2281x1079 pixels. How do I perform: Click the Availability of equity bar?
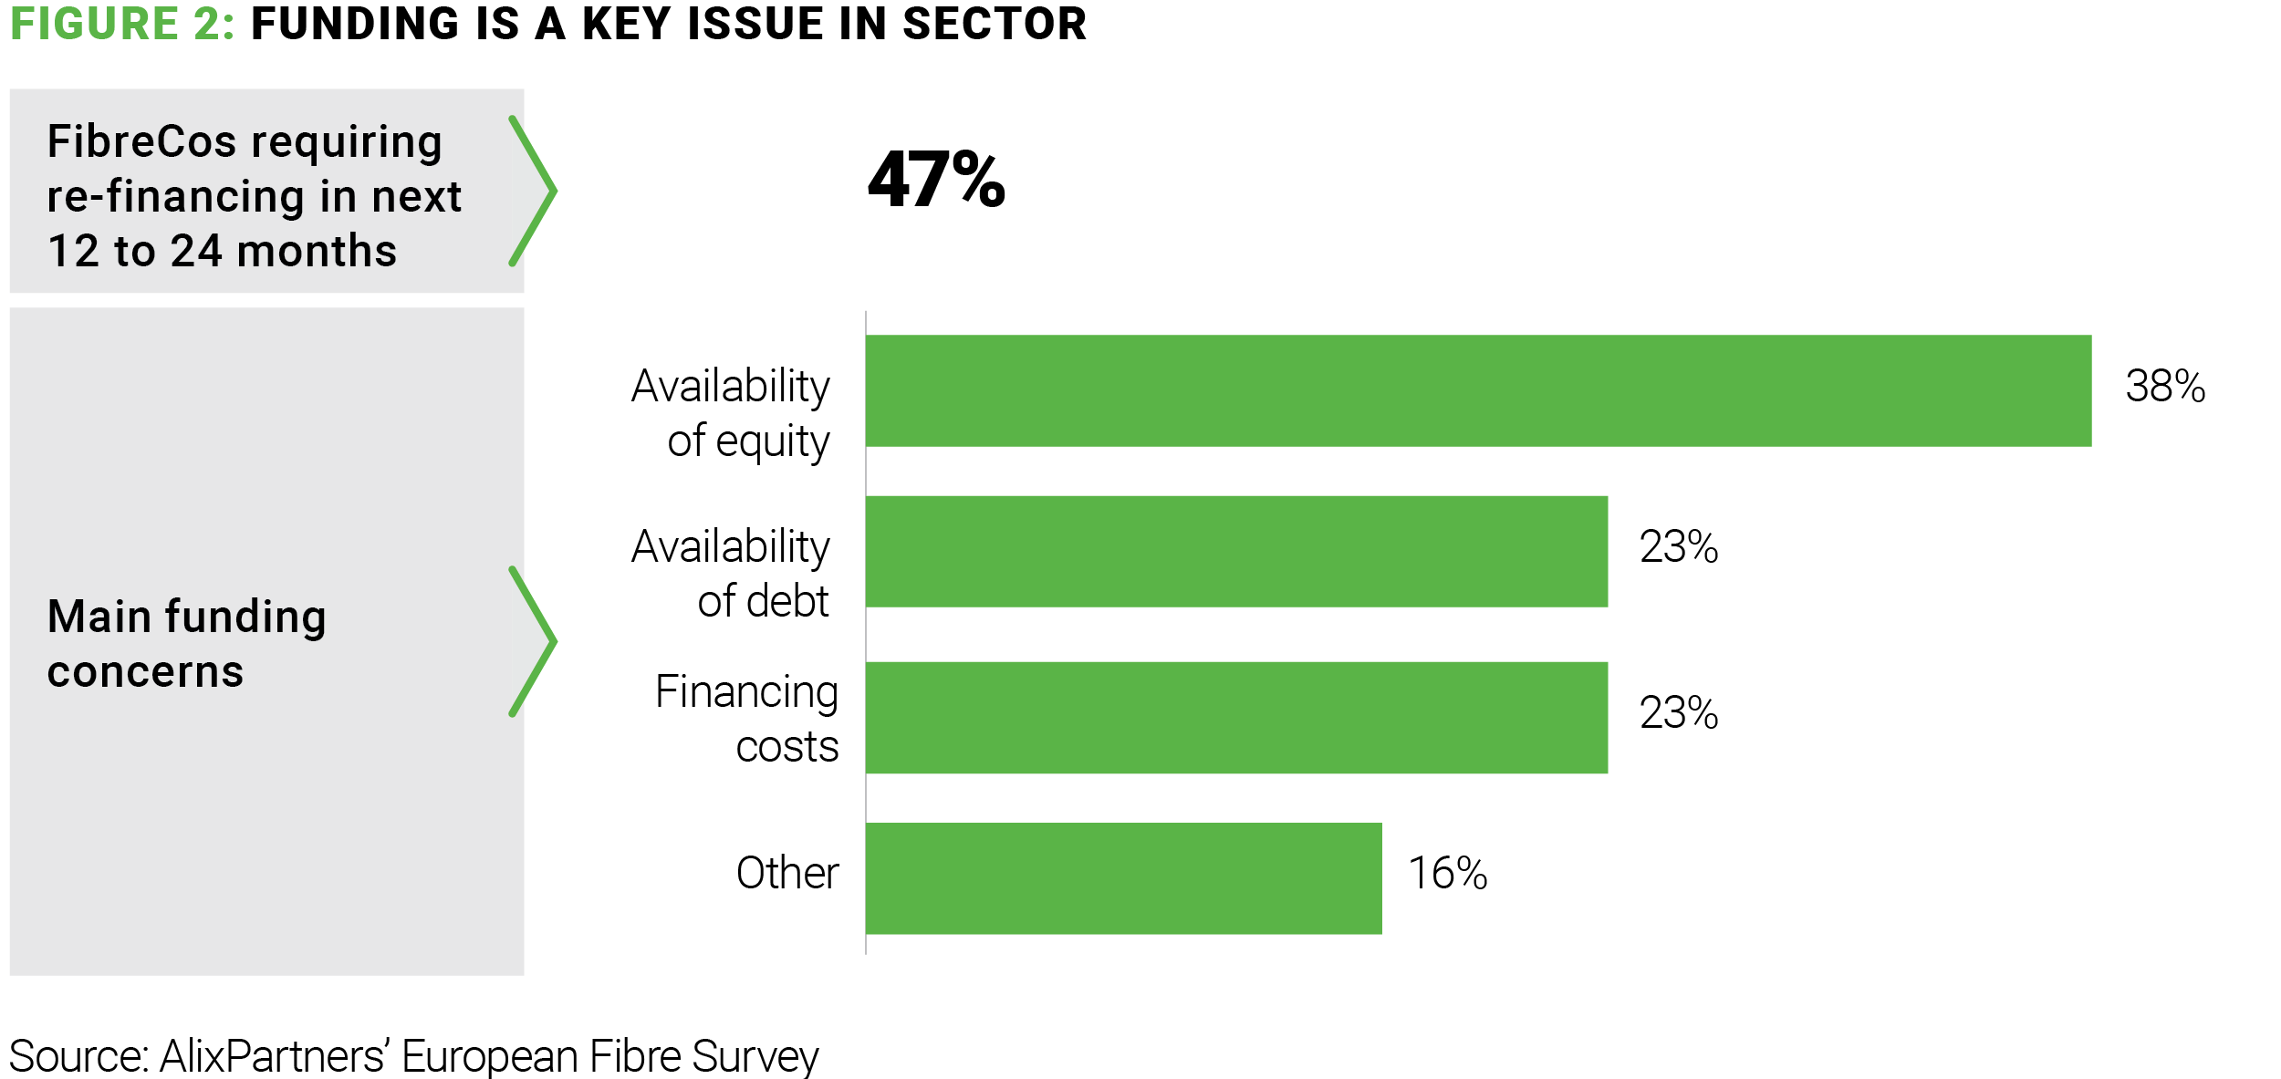click(x=1478, y=390)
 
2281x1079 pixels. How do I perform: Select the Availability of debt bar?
click(x=1236, y=552)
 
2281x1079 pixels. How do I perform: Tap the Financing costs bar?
click(x=1236, y=718)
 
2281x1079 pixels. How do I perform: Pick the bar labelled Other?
click(x=1123, y=878)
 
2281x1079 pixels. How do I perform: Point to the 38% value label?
click(x=2165, y=387)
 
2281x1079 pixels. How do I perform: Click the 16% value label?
click(x=1447, y=874)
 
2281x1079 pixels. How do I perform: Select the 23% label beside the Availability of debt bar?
click(x=1678, y=547)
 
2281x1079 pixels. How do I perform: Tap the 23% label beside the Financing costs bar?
click(x=1678, y=713)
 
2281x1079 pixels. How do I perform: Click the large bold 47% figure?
click(x=936, y=180)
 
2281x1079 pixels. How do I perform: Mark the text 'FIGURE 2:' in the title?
click(x=122, y=24)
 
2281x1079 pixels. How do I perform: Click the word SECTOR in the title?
click(x=995, y=24)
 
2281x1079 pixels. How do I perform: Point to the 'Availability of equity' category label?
click(x=731, y=413)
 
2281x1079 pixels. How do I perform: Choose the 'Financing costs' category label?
click(x=747, y=719)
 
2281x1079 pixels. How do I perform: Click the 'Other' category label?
click(x=787, y=874)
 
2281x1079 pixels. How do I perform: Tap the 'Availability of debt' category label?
click(x=731, y=574)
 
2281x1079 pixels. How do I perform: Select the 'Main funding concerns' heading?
click(x=187, y=644)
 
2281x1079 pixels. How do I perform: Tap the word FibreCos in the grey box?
click(x=141, y=142)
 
